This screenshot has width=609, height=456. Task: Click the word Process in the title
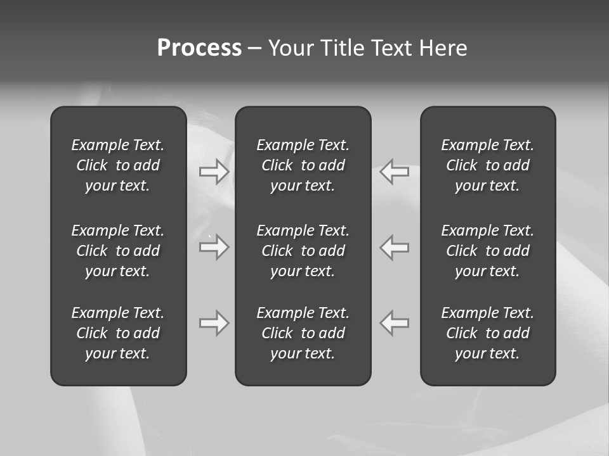tap(199, 48)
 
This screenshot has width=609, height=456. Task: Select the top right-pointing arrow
tap(214, 172)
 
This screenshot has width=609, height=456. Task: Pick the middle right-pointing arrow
tap(214, 246)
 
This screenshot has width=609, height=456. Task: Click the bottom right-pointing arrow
tap(214, 323)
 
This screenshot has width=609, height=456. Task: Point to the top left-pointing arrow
tap(395, 172)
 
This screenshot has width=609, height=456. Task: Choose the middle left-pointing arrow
tap(395, 246)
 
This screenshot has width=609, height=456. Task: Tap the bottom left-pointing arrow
tap(395, 323)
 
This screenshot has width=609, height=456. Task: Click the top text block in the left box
tap(118, 165)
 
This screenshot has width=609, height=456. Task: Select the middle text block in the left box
tap(118, 251)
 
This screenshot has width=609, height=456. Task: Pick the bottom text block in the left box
tap(118, 333)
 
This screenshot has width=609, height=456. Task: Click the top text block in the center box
tap(303, 165)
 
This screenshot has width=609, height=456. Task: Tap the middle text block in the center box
tap(303, 251)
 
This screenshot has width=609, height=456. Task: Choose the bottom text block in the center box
tap(303, 333)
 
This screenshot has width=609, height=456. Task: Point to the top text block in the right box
tap(488, 165)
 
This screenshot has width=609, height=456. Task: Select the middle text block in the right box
tap(488, 251)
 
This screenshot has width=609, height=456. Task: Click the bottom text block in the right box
tap(488, 333)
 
